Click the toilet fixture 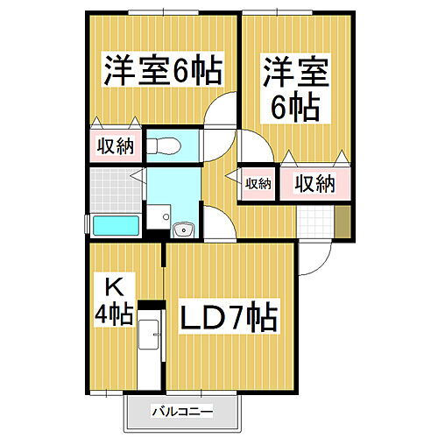pyautogui.click(x=164, y=145)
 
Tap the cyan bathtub pyautogui.click(x=116, y=225)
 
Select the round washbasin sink pyautogui.click(x=184, y=230)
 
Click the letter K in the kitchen pyautogui.click(x=113, y=286)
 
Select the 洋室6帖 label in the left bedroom pyautogui.click(x=163, y=68)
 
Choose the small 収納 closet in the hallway pyautogui.click(x=258, y=183)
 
